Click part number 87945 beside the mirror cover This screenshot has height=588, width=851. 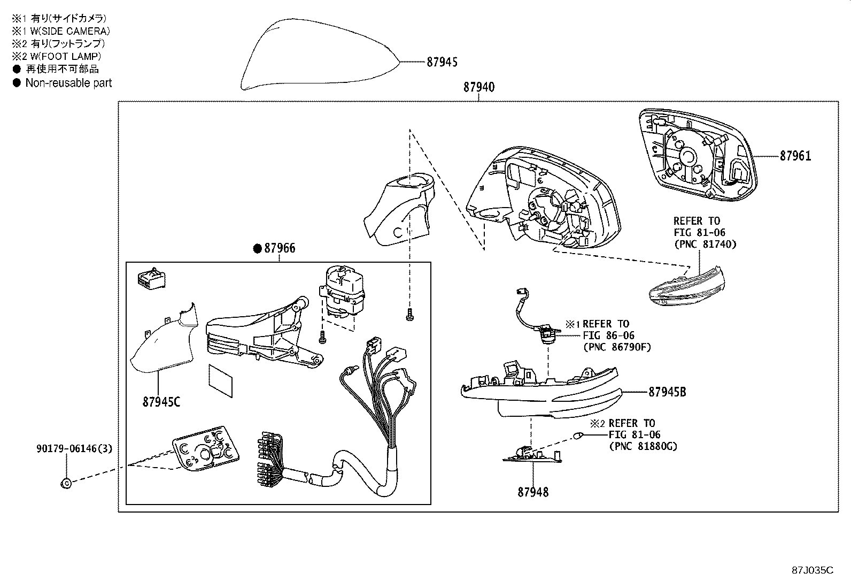[442, 63]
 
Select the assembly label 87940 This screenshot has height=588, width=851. [478, 87]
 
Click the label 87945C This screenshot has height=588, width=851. [161, 401]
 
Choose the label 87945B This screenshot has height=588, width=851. [667, 392]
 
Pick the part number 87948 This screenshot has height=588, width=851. [532, 492]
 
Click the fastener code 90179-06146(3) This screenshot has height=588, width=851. [74, 448]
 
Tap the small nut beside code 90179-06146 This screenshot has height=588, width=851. [66, 483]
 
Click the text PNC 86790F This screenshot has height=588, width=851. [617, 347]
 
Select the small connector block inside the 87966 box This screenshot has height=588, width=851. [151, 278]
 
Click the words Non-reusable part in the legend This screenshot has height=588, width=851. [68, 83]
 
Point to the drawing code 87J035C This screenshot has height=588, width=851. [813, 570]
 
